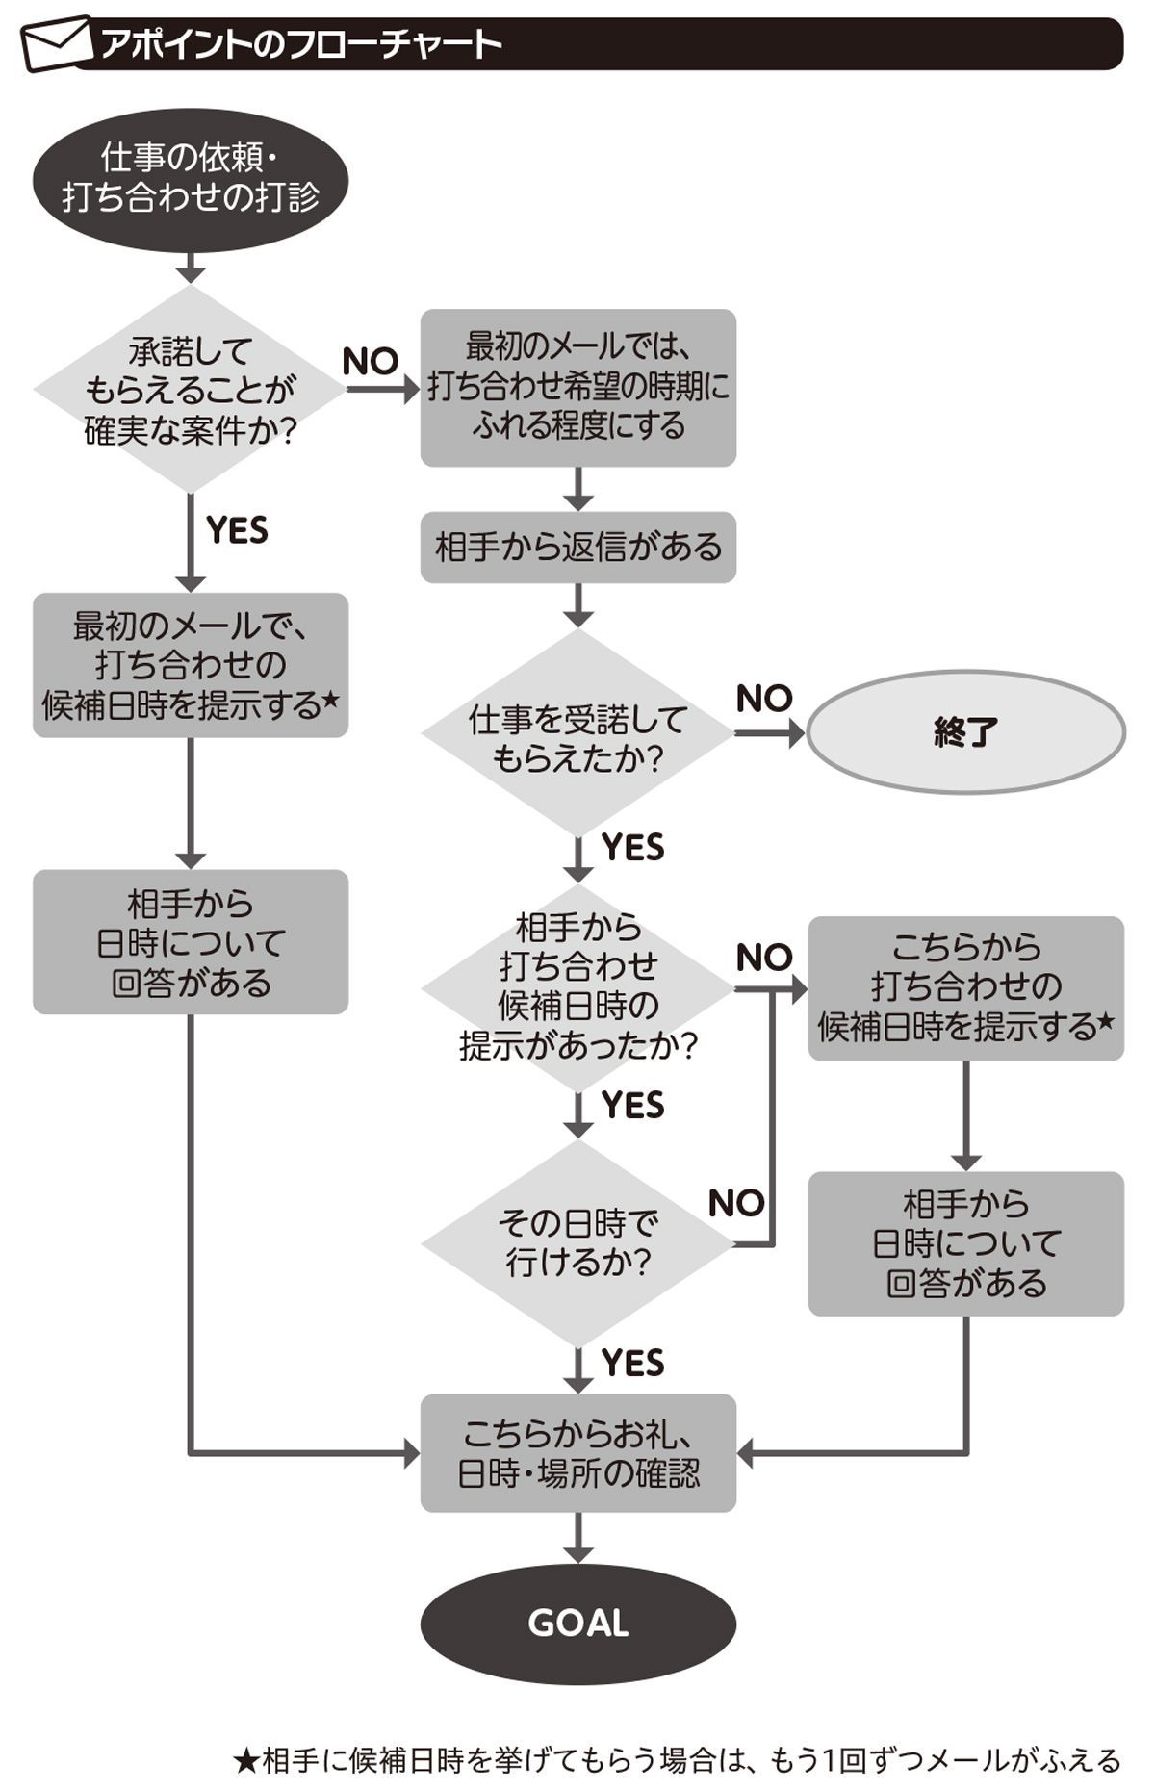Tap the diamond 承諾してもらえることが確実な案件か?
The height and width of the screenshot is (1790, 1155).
click(x=191, y=390)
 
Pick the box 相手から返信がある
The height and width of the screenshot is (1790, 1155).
click(x=577, y=548)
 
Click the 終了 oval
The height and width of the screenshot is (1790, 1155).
click(x=965, y=732)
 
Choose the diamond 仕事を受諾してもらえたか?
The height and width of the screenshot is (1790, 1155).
click(x=577, y=736)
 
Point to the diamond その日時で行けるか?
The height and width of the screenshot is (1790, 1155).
click(x=577, y=1243)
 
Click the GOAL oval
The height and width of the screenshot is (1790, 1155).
click(x=577, y=1623)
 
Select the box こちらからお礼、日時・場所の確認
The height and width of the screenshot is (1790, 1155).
click(x=577, y=1453)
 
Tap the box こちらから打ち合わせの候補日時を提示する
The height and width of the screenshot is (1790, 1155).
click(x=965, y=987)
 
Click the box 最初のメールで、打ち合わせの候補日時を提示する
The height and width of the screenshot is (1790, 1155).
click(x=191, y=665)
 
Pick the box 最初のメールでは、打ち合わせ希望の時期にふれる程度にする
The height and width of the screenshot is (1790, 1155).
click(x=577, y=387)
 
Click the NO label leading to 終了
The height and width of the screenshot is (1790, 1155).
click(x=764, y=699)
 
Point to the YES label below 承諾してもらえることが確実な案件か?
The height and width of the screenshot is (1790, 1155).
click(x=237, y=530)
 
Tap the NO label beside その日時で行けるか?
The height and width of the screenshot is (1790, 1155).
click(x=736, y=1203)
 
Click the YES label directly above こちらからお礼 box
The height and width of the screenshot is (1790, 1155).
click(x=632, y=1363)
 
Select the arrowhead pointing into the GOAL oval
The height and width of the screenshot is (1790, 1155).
click(x=577, y=1552)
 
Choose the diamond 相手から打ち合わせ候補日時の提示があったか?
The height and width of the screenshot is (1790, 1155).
click(x=577, y=987)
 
